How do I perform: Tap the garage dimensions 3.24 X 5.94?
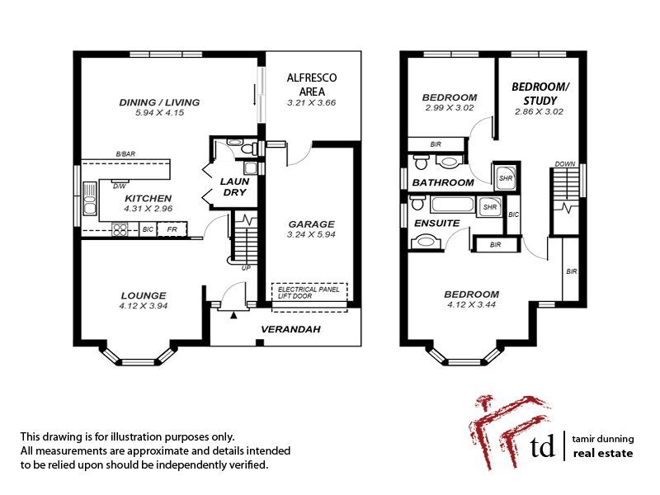(311, 234)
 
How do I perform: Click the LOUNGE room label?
(144, 295)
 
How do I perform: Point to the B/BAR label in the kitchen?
(125, 154)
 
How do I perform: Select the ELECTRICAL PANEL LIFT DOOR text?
(310, 293)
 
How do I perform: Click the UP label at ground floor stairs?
(246, 267)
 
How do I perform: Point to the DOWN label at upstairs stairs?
(565, 163)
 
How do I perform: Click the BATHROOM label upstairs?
(443, 182)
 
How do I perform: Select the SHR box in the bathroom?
(502, 175)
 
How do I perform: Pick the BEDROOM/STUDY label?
(540, 93)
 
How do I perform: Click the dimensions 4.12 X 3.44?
(471, 306)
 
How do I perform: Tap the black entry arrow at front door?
(234, 313)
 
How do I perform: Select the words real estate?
(603, 454)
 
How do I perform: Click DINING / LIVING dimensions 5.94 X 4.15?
(159, 113)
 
